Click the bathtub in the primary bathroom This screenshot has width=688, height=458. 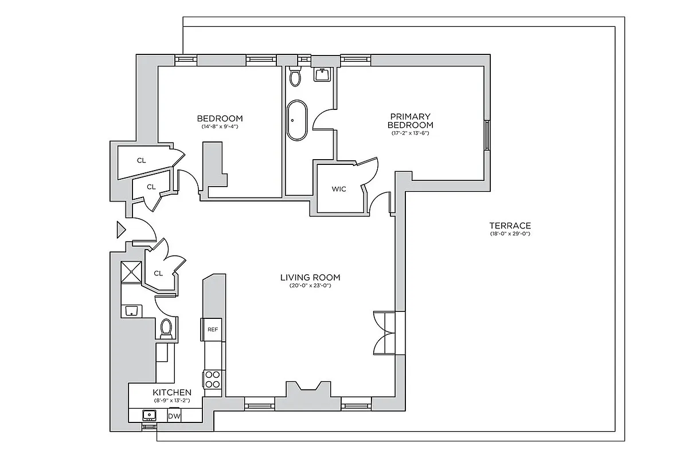297,121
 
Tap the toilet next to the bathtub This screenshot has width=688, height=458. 295,76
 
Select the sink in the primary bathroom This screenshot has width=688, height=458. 322,74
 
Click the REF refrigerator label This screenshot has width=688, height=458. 212,329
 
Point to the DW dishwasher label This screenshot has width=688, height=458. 174,416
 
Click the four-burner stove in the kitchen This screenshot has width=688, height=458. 212,379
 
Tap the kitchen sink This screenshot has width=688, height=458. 150,415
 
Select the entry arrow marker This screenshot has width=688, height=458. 120,230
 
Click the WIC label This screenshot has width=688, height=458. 339,189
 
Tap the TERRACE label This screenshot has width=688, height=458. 510,226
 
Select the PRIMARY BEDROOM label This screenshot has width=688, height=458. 410,121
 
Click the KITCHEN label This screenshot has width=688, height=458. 171,392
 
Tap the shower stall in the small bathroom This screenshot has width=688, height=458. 132,272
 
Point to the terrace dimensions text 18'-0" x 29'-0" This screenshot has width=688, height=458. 510,234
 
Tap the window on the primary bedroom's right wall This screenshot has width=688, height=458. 487,135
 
